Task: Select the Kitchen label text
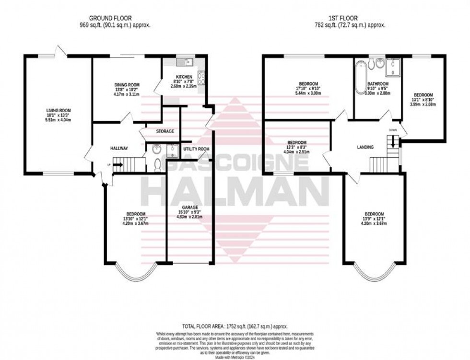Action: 184,77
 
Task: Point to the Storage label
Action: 164,131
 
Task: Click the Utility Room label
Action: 197,149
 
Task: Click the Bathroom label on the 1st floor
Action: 378,84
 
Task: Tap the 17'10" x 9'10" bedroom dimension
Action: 307,89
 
